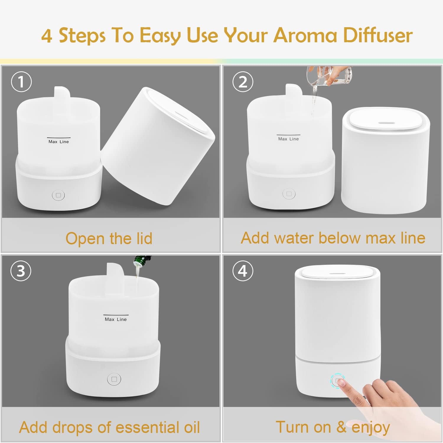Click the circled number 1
21,82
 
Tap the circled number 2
243,82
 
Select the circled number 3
21,271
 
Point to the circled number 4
243,271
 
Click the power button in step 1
58,195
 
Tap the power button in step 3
114,379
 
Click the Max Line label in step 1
58,142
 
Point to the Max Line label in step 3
116,319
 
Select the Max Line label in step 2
289,139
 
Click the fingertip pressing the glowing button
342,383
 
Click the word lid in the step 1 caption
143,238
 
